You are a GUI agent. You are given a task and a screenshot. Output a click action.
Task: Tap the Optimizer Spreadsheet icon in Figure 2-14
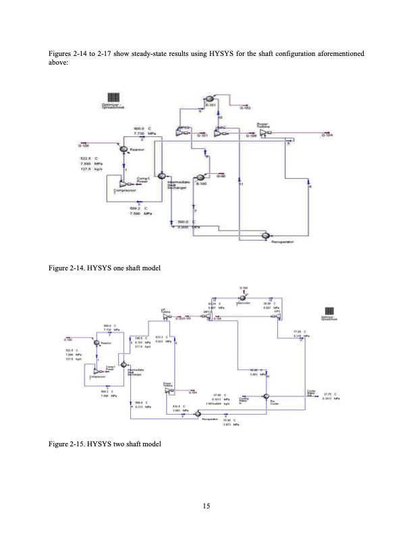pos(111,97)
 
